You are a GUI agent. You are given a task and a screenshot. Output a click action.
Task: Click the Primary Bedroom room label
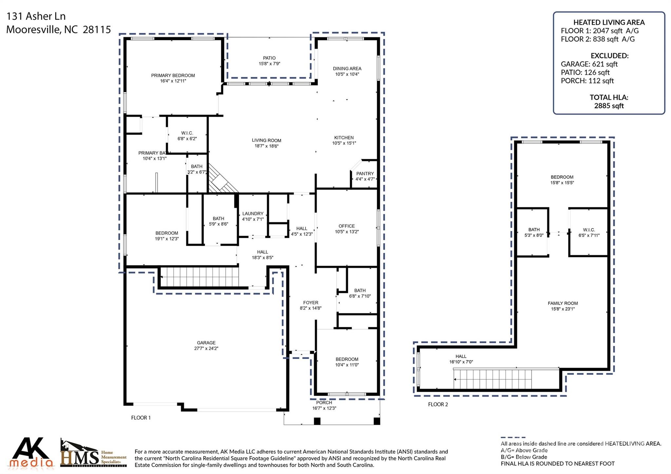173,75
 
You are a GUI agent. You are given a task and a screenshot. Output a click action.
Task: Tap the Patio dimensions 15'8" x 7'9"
269,64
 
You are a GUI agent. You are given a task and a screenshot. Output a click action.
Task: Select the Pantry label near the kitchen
365,174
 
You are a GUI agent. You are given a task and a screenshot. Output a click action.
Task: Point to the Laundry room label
253,214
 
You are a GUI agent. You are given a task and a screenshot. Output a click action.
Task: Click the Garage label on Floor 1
206,343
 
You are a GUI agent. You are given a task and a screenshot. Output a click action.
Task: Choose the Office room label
347,226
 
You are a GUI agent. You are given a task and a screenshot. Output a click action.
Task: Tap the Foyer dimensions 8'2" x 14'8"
310,308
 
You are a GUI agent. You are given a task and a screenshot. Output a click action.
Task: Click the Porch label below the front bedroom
324,403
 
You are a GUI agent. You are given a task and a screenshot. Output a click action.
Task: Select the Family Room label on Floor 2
563,303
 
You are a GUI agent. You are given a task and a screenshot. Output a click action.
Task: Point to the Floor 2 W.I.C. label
589,230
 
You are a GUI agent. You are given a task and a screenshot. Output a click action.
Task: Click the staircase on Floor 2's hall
492,379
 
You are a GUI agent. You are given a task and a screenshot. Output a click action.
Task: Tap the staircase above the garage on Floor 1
200,277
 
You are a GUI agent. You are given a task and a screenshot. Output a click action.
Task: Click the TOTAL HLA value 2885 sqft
609,106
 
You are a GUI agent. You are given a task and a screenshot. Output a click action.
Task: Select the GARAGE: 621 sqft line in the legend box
589,64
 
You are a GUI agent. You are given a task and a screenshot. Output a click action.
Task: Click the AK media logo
31,453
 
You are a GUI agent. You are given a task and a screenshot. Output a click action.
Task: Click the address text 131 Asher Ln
36,16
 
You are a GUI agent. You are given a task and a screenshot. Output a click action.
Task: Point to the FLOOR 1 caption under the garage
141,418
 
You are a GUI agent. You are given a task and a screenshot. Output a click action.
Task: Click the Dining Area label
347,68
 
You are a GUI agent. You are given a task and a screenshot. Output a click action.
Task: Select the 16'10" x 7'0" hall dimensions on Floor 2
461,362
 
